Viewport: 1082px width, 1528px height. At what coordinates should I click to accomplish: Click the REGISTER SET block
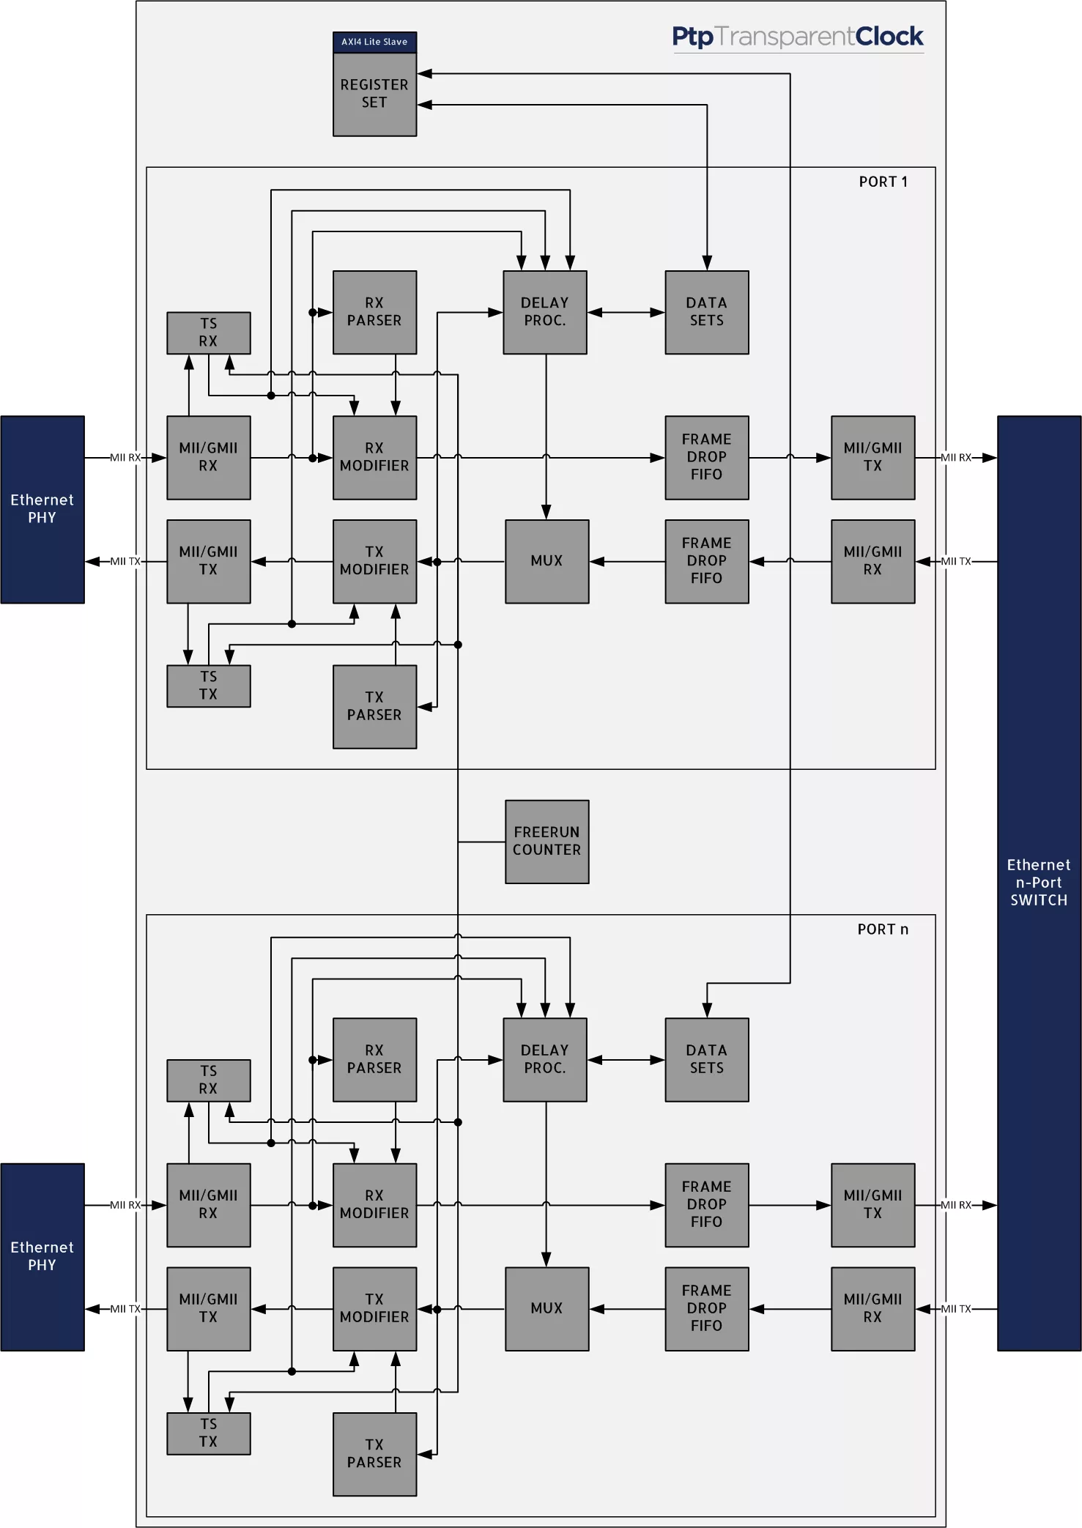tap(374, 94)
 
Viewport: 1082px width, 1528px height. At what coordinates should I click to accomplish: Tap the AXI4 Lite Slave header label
tap(374, 42)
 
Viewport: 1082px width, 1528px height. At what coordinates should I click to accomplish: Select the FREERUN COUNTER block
tap(546, 841)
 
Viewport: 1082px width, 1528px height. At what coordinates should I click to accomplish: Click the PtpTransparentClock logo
tap(797, 37)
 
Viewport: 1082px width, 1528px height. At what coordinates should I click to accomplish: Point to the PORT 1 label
tap(883, 182)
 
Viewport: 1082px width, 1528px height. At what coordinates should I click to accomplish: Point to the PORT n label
tap(883, 929)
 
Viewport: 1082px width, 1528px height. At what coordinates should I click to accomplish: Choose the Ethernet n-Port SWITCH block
tap(1039, 882)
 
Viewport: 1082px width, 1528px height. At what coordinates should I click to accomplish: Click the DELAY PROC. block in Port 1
tap(544, 312)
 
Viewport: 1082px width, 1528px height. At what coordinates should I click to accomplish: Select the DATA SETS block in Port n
tap(706, 1059)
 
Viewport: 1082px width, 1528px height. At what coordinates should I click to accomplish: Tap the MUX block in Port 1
tap(546, 561)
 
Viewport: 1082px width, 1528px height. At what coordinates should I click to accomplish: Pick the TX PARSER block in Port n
tap(374, 1453)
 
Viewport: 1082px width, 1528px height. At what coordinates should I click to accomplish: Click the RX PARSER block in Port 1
tap(374, 312)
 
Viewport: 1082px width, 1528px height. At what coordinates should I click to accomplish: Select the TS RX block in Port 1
tap(208, 333)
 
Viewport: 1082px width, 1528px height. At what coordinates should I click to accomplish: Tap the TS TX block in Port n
tap(208, 1433)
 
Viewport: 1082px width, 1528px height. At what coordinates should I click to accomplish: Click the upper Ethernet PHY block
tap(42, 509)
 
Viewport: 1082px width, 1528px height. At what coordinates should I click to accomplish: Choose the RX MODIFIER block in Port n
tap(374, 1204)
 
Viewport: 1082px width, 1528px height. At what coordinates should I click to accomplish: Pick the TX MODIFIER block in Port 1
tap(374, 561)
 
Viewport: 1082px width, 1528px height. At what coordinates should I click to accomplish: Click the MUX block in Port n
tap(546, 1308)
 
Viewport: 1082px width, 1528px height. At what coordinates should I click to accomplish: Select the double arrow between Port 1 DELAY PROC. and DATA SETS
tap(626, 313)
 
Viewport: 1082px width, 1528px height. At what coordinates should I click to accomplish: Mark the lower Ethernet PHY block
tap(42, 1256)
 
